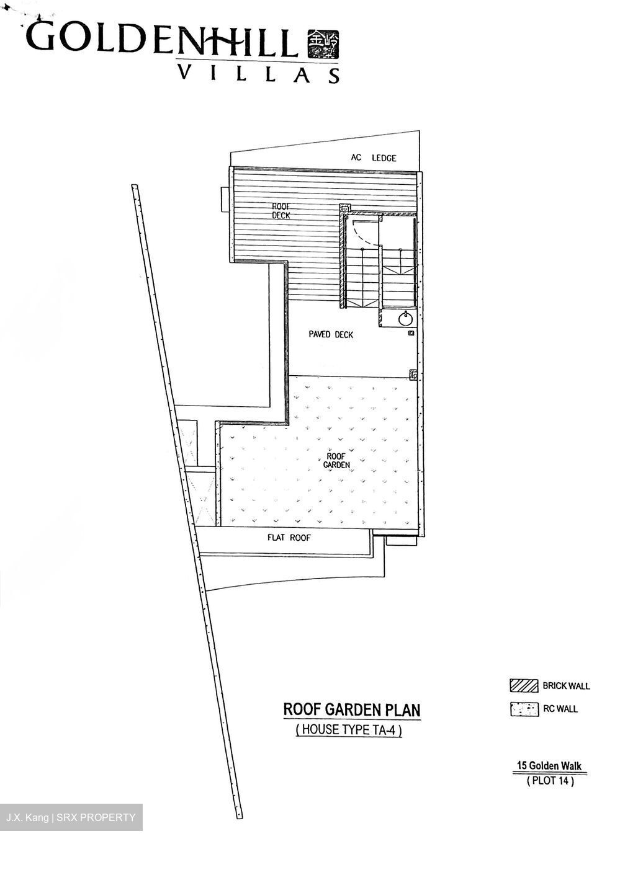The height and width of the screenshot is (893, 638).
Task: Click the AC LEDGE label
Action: click(373, 158)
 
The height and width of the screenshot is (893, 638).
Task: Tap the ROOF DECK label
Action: click(281, 211)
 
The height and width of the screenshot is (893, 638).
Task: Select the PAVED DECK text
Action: click(331, 335)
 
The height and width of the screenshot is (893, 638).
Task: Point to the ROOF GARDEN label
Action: click(336, 460)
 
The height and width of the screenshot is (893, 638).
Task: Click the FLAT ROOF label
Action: click(289, 538)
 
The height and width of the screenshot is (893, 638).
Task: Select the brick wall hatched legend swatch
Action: click(523, 685)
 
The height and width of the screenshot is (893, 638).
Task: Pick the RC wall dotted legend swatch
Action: click(523, 709)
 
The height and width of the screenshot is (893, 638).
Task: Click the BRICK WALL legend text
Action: click(566, 686)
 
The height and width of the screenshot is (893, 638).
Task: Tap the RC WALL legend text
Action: click(560, 709)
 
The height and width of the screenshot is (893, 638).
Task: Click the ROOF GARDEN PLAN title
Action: click(352, 709)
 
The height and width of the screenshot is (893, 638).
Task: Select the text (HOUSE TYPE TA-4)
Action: click(349, 730)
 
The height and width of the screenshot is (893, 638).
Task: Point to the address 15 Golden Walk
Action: click(549, 766)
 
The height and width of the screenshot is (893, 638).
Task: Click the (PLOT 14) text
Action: click(550, 781)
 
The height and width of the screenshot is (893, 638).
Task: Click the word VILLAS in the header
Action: click(259, 74)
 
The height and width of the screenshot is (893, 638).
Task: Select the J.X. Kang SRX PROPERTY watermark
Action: click(71, 817)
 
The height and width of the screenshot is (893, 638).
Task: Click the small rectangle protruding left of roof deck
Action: click(225, 200)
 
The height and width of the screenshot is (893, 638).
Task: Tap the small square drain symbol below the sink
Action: click(411, 334)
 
